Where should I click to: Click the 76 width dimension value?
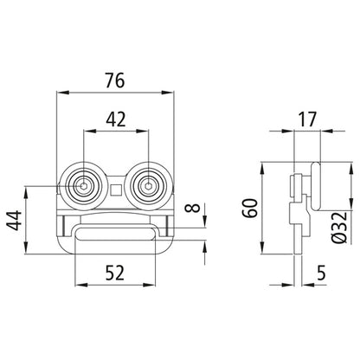click(x=115, y=80)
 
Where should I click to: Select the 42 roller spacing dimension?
click(x=116, y=119)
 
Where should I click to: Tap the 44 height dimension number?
click(x=15, y=221)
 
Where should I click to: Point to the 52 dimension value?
click(x=114, y=273)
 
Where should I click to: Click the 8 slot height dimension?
click(x=196, y=208)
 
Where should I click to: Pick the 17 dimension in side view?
click(x=307, y=119)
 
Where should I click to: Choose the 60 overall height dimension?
click(x=250, y=208)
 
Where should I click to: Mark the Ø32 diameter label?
click(x=338, y=227)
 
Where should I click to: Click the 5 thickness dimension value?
click(x=321, y=273)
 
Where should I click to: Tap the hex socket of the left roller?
click(x=84, y=186)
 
